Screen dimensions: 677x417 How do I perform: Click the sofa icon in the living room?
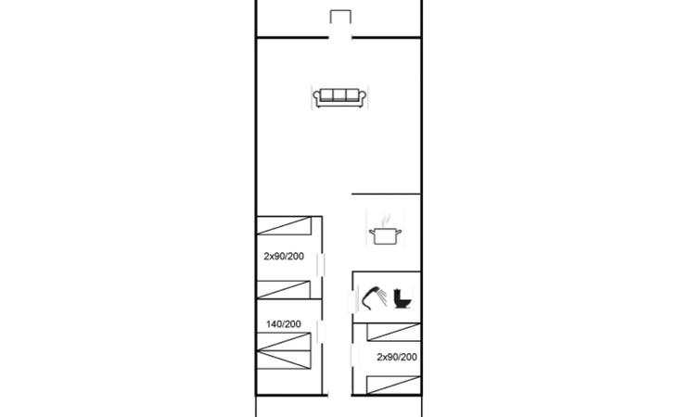click(x=339, y=98)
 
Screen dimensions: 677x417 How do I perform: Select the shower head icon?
click(x=374, y=297)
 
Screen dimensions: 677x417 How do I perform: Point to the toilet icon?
click(x=402, y=298)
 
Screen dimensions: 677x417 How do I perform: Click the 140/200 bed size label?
click(x=284, y=323)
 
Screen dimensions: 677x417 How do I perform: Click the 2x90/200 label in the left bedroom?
click(x=284, y=256)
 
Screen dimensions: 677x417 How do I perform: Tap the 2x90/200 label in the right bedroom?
click(x=397, y=357)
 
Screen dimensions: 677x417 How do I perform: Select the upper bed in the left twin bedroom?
click(x=284, y=225)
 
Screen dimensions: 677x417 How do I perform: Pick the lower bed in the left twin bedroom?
click(x=284, y=290)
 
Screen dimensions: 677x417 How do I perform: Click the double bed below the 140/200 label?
click(x=284, y=350)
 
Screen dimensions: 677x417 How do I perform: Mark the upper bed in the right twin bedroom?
click(x=394, y=332)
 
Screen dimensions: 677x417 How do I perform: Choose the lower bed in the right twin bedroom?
click(x=394, y=385)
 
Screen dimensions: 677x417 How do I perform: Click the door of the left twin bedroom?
click(x=321, y=264)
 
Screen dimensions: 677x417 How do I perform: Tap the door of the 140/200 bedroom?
click(x=321, y=332)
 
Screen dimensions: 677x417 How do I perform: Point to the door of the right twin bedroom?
click(x=352, y=355)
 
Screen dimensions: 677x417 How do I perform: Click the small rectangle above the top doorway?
click(x=340, y=17)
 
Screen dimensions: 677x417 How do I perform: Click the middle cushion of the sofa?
click(x=339, y=95)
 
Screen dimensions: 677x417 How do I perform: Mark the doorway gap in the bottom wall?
click(x=339, y=395)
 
